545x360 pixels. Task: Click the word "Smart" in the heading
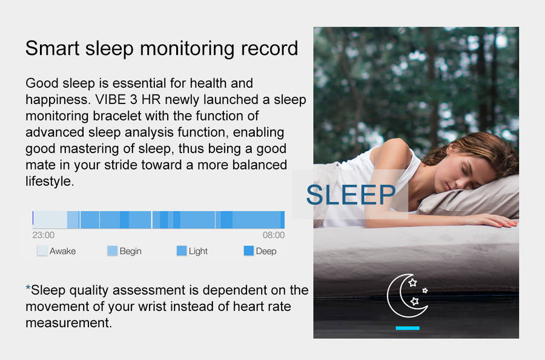coord(53,48)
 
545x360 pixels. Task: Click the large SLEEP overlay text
coord(351,194)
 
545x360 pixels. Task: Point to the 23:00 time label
coord(44,235)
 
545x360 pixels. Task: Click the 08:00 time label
coord(274,235)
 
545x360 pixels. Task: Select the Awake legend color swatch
coord(42,250)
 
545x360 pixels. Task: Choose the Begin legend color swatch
coord(112,250)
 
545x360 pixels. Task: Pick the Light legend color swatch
coord(182,250)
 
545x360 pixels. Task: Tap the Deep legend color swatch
coord(248,250)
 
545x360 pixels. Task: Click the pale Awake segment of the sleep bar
coord(50,220)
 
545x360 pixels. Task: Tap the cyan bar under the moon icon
coord(408,328)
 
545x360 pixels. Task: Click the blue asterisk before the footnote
coord(28,288)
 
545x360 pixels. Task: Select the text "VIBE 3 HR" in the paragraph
coord(128,100)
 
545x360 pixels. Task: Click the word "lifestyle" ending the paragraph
coord(48,182)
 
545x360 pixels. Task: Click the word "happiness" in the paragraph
coord(57,100)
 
